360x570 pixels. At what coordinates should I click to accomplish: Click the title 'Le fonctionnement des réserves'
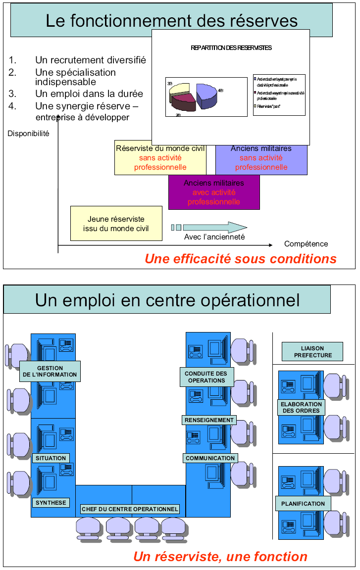tap(171, 21)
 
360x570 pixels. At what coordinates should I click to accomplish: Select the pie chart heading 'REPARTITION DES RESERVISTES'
tap(231, 48)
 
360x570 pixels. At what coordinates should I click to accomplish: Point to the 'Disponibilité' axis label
tap(28, 133)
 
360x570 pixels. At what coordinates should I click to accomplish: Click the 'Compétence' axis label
tap(306, 243)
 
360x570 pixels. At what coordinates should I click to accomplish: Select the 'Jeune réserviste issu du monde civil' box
tap(116, 224)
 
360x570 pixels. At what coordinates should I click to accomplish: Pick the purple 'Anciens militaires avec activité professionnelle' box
tap(214, 192)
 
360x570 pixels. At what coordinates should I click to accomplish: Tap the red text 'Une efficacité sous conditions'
tap(241, 259)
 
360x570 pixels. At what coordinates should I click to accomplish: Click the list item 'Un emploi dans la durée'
tap(89, 94)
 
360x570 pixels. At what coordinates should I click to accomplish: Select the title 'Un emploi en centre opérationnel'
tap(167, 300)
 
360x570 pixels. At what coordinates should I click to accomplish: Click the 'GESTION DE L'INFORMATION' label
tap(50, 371)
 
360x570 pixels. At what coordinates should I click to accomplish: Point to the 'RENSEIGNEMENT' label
tap(209, 420)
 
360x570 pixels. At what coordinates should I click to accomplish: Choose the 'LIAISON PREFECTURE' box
tap(313, 352)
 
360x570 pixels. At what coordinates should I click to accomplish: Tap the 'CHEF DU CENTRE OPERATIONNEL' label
tap(130, 509)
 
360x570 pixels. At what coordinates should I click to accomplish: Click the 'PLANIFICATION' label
tap(303, 504)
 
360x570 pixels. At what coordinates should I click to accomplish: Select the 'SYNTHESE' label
tap(51, 503)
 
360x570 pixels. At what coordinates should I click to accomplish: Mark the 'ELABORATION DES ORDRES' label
tap(302, 407)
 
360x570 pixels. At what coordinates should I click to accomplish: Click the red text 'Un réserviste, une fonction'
tap(220, 557)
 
